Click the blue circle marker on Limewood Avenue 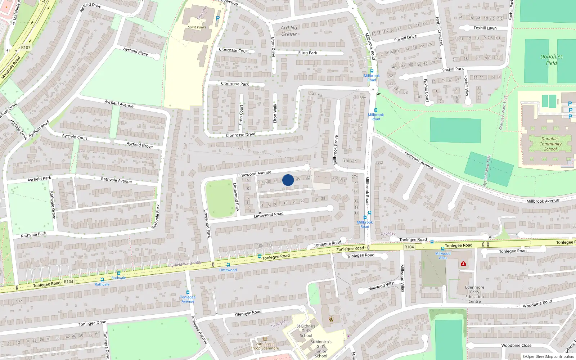[288, 180]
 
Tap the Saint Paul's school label [197, 27]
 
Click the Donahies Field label [551, 60]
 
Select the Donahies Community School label [550, 144]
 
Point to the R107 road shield [26, 48]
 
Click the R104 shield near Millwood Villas [409, 247]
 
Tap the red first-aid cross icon [463, 264]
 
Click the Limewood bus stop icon [228, 265]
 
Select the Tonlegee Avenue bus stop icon [188, 292]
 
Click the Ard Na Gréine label [289, 31]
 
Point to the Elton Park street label [308, 53]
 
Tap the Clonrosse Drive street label [240, 135]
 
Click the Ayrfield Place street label [135, 51]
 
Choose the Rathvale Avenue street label [116, 180]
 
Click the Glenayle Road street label [248, 313]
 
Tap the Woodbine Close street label [516, 345]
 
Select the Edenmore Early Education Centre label [474, 294]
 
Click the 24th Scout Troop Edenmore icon [265, 339]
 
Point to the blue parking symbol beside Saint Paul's [217, 18]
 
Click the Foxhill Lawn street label [485, 28]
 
